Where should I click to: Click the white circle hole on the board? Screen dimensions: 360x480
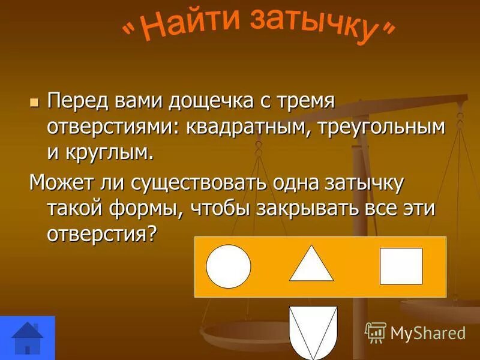229,267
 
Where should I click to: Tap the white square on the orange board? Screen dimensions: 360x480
401,266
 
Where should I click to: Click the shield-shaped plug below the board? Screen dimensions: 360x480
313,333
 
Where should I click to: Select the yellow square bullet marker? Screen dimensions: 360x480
34,101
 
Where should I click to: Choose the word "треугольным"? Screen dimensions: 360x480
379,127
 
